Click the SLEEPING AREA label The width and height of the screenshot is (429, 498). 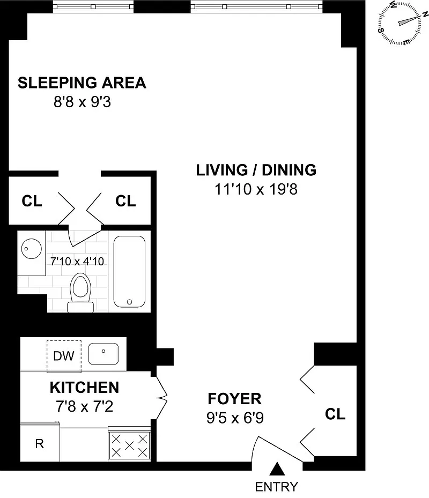[x=82, y=83]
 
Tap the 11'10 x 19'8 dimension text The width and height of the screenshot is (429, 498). [x=256, y=189]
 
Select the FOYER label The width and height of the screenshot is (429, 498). [x=234, y=399]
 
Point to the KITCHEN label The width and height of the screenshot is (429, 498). [x=85, y=388]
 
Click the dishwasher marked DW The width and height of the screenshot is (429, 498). [x=64, y=356]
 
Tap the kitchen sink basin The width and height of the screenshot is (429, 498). [x=103, y=354]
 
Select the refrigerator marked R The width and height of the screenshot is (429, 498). [x=40, y=443]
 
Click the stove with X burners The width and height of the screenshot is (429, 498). [x=129, y=445]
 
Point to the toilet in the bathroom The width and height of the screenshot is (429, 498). [x=80, y=293]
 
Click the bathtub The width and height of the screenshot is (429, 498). [x=129, y=272]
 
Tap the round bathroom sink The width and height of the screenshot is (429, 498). [x=32, y=249]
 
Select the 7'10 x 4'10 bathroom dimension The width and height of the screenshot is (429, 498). [x=77, y=262]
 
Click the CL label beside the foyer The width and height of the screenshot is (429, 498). [x=335, y=414]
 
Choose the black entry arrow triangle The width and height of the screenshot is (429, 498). [x=277, y=470]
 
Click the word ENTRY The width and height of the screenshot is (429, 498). [x=277, y=487]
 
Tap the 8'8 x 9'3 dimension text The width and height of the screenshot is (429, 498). [x=82, y=102]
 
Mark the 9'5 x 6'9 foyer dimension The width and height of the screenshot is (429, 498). [x=235, y=418]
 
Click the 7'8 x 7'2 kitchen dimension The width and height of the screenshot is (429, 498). [x=85, y=406]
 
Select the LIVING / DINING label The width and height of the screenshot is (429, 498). [x=256, y=170]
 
